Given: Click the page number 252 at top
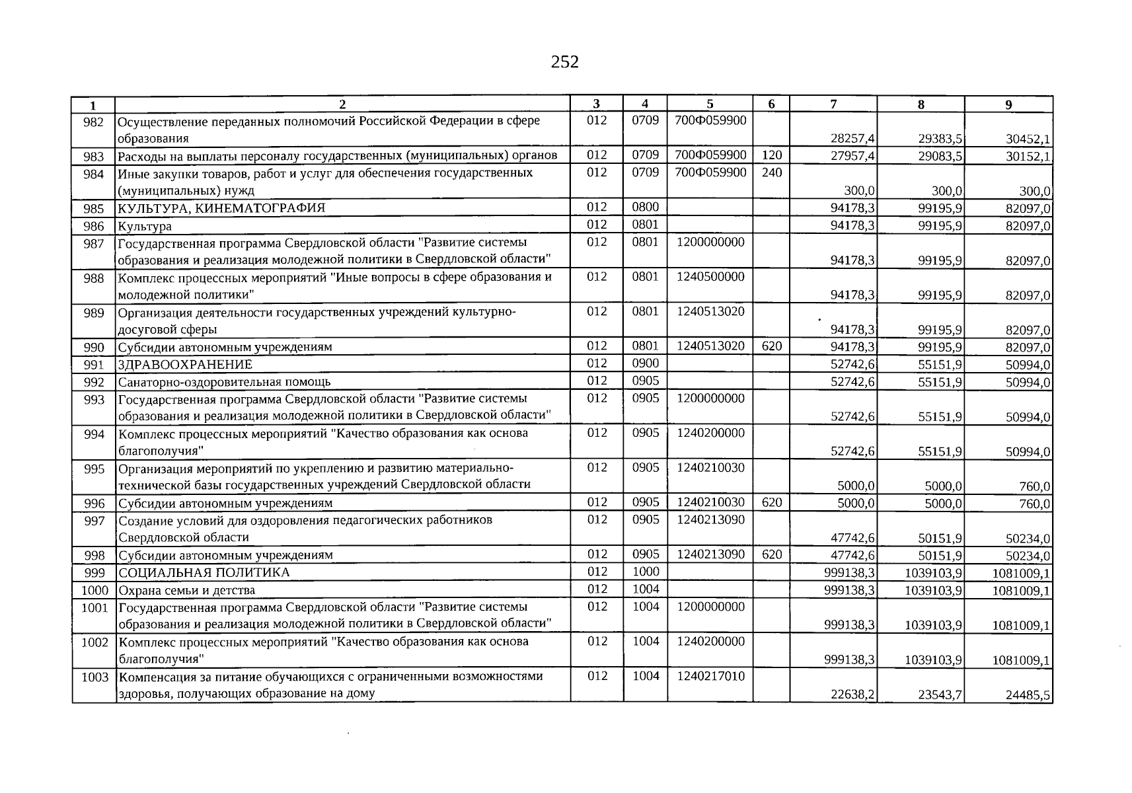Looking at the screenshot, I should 564,62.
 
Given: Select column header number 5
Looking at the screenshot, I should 710,104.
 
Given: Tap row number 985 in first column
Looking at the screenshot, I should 94,209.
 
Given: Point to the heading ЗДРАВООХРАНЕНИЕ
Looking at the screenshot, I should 185,365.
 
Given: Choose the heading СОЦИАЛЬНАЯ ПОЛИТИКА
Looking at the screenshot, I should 204,573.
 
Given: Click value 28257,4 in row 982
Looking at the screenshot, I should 852,139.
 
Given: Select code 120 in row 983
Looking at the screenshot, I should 771,155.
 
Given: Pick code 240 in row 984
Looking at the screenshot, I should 771,172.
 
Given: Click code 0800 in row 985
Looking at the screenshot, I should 645,208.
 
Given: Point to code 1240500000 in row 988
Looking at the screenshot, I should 710,277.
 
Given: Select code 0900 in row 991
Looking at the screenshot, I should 645,363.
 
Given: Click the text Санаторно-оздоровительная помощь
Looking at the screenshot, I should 224,382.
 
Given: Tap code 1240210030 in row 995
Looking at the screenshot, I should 710,468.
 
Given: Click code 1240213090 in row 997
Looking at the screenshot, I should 710,520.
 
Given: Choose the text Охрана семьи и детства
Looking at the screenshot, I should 186,590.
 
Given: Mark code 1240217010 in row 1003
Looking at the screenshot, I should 710,676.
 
